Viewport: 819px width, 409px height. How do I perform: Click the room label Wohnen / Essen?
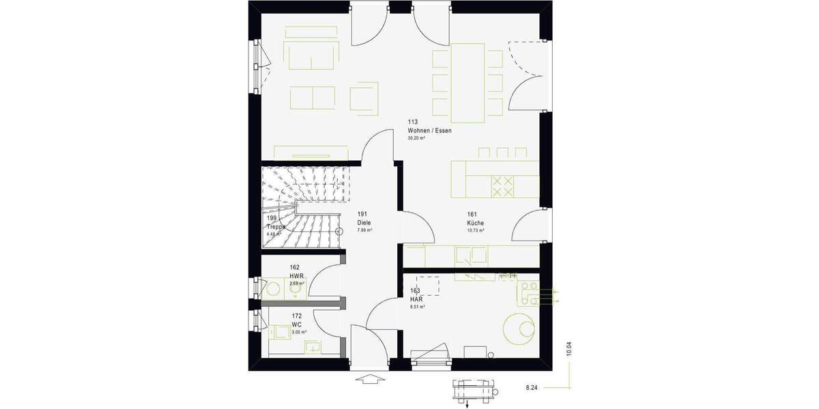pyautogui.click(x=429, y=130)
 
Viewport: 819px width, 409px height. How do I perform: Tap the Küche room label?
pyautogui.click(x=476, y=222)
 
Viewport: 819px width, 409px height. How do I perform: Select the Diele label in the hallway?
pyautogui.click(x=364, y=222)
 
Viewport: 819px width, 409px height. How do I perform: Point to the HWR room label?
pyautogui.click(x=296, y=275)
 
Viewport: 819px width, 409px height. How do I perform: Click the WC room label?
pyautogui.click(x=296, y=324)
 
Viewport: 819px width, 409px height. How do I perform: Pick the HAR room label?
pyautogui.click(x=416, y=299)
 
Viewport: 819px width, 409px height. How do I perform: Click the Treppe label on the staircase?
pyautogui.click(x=276, y=227)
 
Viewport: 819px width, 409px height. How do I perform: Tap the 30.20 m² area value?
pyautogui.click(x=416, y=138)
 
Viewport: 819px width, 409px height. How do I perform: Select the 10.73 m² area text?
pyautogui.click(x=476, y=230)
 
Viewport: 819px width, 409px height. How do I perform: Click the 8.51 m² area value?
pyautogui.click(x=418, y=307)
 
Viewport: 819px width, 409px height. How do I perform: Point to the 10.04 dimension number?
pyautogui.click(x=569, y=349)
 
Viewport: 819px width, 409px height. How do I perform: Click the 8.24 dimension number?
pyautogui.click(x=532, y=387)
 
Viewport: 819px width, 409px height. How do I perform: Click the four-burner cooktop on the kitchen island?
pyautogui.click(x=503, y=186)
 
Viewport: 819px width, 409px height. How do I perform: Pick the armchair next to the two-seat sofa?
pyautogui.click(x=364, y=97)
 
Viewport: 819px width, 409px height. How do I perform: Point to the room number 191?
pyautogui.click(x=362, y=214)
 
